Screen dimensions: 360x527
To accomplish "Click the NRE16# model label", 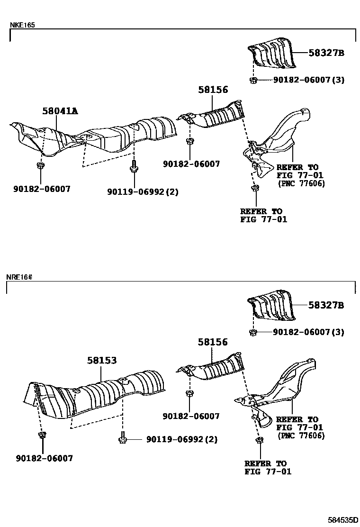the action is click(x=19, y=277).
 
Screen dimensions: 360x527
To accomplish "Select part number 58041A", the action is click(x=60, y=111).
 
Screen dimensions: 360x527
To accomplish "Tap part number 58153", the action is click(x=101, y=361).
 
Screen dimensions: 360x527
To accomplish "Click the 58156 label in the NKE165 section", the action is click(x=213, y=90).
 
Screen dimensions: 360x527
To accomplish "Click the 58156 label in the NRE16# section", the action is click(x=213, y=342).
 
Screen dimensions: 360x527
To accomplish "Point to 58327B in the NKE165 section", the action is click(x=326, y=53).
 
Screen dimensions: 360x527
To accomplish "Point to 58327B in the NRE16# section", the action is click(x=326, y=306).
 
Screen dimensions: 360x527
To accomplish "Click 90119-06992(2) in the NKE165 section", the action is click(x=143, y=192).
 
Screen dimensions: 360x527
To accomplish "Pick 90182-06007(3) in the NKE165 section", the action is click(x=308, y=80).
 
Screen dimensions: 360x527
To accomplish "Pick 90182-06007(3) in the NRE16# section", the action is click(x=308, y=332).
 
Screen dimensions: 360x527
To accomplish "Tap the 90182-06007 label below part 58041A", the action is click(x=43, y=189).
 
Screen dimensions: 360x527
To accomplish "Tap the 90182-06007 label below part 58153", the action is click(x=44, y=458).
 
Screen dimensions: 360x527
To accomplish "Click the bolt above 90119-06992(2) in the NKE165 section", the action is click(x=134, y=168).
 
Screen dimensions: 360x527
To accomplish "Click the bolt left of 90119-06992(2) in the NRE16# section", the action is click(x=123, y=439).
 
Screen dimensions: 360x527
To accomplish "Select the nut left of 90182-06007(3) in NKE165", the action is click(x=254, y=80).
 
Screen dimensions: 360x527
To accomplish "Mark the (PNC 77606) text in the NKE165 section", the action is click(x=302, y=183).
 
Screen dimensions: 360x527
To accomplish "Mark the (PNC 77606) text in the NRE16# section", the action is click(x=301, y=436).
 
